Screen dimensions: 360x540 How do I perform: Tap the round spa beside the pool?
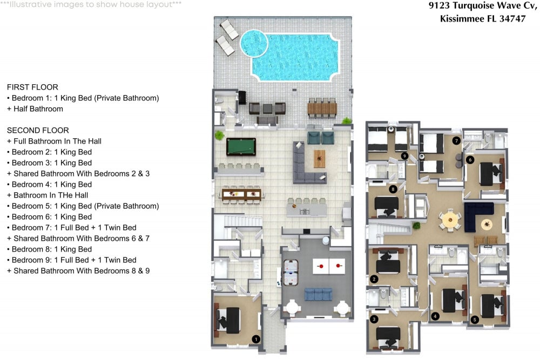point(254,43)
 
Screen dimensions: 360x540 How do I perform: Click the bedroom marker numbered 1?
point(256,339)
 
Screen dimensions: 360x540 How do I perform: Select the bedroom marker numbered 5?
point(475,319)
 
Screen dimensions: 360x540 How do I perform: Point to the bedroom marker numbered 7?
point(456,141)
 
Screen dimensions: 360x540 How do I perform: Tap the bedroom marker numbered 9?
point(404,156)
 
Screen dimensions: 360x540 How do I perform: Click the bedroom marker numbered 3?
point(374,320)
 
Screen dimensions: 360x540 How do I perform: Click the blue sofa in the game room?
point(319,294)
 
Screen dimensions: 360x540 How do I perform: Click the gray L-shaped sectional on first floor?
point(308,165)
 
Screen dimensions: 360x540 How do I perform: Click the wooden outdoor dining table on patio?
point(322,109)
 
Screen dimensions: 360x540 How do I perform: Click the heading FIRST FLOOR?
point(32,87)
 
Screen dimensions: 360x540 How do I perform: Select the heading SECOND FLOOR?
point(38,130)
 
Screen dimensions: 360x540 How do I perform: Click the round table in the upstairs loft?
point(449,219)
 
